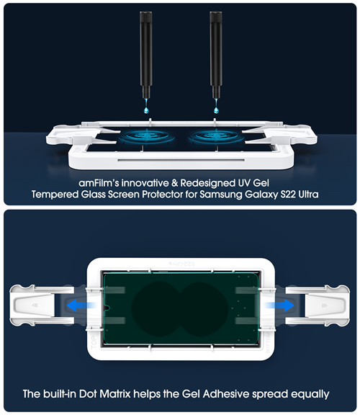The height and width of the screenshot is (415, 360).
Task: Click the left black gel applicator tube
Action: pyautogui.click(x=145, y=55)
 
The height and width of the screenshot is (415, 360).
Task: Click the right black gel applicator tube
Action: pyautogui.click(x=216, y=55)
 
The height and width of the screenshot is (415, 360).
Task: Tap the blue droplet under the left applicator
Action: pyautogui.click(x=146, y=108)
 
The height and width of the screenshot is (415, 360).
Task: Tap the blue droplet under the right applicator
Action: pyautogui.click(x=216, y=108)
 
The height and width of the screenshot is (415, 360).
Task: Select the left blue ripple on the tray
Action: pyautogui.click(x=147, y=136)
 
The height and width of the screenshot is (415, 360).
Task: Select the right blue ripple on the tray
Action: pyautogui.click(x=216, y=136)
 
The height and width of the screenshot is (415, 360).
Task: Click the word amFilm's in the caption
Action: pyautogui.click(x=99, y=183)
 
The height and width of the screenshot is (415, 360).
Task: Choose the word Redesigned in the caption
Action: pyautogui.click(x=207, y=183)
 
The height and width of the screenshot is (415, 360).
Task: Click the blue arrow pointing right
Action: pyautogui.click(x=279, y=305)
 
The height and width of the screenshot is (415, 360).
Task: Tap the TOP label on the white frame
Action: pyautogui.click(x=94, y=342)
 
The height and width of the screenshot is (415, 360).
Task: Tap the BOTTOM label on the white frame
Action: pyautogui.click(x=268, y=342)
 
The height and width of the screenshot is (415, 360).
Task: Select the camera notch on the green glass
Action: pyautogui.click(x=107, y=308)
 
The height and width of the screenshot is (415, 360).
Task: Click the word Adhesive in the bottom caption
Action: pyautogui.click(x=226, y=393)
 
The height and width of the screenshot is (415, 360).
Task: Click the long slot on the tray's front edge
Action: pyautogui.click(x=181, y=160)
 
